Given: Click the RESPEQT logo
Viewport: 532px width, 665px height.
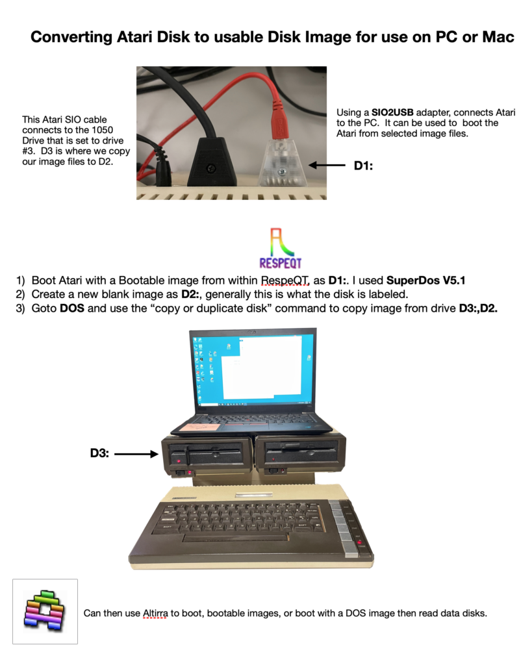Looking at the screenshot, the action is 280,249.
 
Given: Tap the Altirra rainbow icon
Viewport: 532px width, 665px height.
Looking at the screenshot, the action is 45,611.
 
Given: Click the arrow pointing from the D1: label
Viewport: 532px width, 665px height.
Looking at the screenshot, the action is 327,165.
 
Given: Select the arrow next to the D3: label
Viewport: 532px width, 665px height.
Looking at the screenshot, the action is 136,454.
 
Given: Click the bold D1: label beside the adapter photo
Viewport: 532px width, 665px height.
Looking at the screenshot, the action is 363,166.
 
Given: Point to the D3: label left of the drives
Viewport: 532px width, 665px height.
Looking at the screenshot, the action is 99,453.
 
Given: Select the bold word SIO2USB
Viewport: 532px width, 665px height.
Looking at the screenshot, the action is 392,112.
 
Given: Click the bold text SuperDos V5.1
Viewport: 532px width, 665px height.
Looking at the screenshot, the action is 425,281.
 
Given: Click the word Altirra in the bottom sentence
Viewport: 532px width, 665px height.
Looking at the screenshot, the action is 155,613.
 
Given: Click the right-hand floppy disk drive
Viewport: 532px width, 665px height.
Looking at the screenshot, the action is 300,454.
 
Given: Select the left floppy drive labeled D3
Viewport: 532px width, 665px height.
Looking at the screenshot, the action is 207,457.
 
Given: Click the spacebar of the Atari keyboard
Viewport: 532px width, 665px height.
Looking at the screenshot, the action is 235,538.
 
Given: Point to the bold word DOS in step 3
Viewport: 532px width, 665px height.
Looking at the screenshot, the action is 71,308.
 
